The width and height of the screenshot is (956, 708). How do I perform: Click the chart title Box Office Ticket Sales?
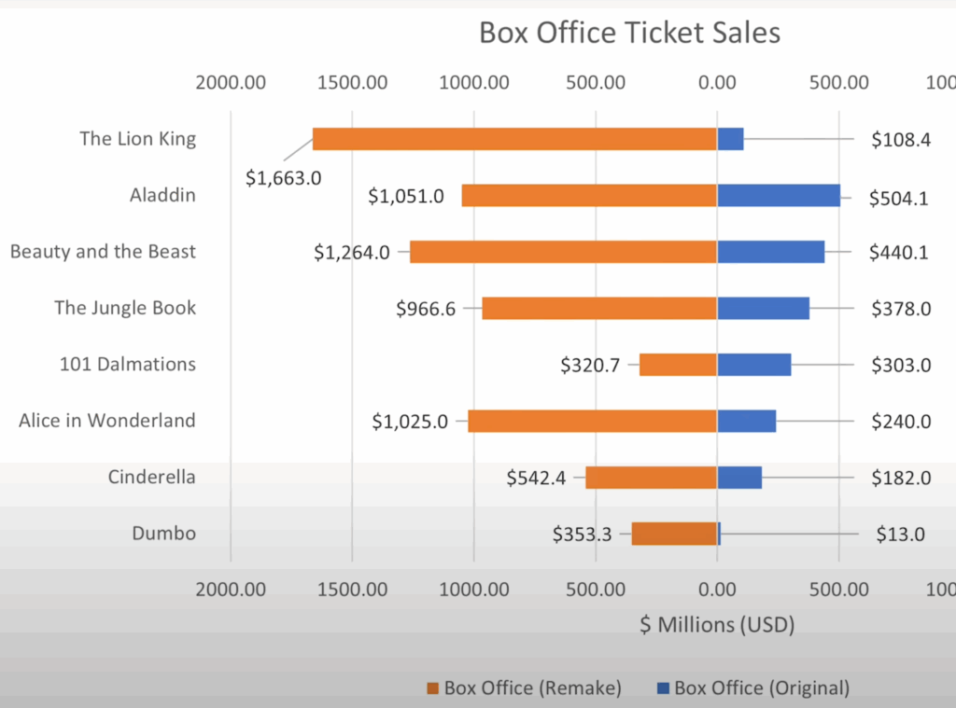pyautogui.click(x=629, y=34)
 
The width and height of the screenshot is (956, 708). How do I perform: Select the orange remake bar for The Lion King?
pyautogui.click(x=513, y=139)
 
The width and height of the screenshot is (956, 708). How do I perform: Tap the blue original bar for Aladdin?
pyautogui.click(x=778, y=195)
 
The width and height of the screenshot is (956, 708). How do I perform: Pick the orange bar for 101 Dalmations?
pyautogui.click(x=678, y=365)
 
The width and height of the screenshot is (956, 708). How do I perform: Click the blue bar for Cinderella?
pyautogui.click(x=739, y=478)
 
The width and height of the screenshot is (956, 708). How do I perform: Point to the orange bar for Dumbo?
pyautogui.click(x=674, y=534)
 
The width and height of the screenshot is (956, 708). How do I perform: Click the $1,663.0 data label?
pyautogui.click(x=284, y=177)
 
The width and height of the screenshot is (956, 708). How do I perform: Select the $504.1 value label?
pyautogui.click(x=898, y=198)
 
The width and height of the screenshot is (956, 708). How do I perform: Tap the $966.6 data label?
pyautogui.click(x=426, y=309)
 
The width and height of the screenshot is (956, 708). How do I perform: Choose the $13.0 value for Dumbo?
pyautogui.click(x=900, y=534)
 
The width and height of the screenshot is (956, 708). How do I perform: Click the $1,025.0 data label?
pyautogui.click(x=407, y=422)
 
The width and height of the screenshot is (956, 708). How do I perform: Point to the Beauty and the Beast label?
pyautogui.click(x=103, y=252)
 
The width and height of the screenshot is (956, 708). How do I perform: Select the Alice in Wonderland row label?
pyautogui.click(x=107, y=421)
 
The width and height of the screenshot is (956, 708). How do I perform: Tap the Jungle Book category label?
pyautogui.click(x=125, y=308)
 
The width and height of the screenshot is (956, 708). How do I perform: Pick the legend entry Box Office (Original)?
pyautogui.click(x=762, y=688)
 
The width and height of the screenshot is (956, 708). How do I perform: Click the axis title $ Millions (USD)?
pyautogui.click(x=716, y=625)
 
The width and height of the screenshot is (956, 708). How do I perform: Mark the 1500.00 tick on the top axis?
pyautogui.click(x=352, y=82)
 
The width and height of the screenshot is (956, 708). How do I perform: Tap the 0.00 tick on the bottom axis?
pyautogui.click(x=716, y=590)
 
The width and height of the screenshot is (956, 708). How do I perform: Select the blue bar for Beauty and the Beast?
pyautogui.click(x=770, y=252)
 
